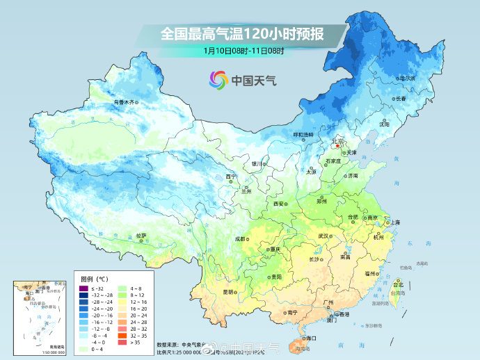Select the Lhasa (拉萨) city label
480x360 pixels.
click(141, 236)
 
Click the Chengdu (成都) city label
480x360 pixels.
click(240, 238)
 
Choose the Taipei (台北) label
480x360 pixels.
click(398, 285)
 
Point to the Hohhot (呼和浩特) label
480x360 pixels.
click(303, 134)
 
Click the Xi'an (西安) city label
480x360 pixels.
click(279, 204)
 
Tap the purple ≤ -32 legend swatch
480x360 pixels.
click(83, 288)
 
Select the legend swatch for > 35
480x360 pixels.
click(122, 342)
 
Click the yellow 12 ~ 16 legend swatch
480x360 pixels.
click(122, 302)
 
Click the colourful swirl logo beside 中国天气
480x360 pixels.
click(218, 80)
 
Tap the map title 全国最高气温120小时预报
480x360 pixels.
click(241, 33)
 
